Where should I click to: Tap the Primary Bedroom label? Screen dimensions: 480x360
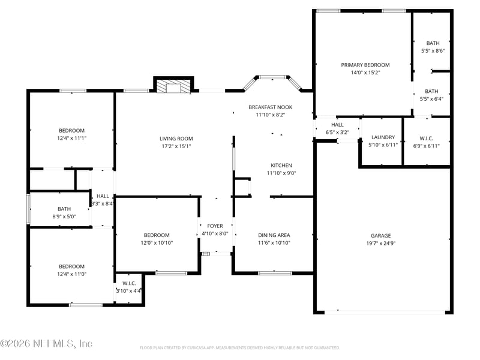click(365, 65)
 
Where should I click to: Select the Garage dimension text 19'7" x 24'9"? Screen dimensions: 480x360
click(381, 244)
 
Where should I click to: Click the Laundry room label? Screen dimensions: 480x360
click(383, 137)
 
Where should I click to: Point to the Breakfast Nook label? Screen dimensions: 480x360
click(271, 107)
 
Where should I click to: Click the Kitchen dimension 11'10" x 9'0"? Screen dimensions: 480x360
click(281, 173)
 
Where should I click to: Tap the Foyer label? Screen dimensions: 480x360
click(215, 226)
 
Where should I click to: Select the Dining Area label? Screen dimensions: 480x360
click(274, 235)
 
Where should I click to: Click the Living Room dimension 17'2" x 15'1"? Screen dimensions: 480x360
click(176, 146)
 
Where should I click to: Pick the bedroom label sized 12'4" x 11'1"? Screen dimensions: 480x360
click(71, 130)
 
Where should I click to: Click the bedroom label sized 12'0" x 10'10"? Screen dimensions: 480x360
click(157, 235)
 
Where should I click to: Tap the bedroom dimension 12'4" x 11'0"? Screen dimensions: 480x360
click(71, 274)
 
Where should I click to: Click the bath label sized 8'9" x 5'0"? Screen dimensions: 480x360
click(64, 209)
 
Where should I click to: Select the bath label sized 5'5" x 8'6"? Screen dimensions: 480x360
click(433, 43)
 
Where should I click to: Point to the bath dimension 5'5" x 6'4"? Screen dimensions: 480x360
click(431, 99)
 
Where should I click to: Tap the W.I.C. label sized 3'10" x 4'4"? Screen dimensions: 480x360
click(129, 283)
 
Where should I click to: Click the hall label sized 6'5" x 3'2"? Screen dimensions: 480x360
click(337, 125)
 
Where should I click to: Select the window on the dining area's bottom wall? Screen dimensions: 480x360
click(275, 273)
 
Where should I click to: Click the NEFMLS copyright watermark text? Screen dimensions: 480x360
click(46, 343)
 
